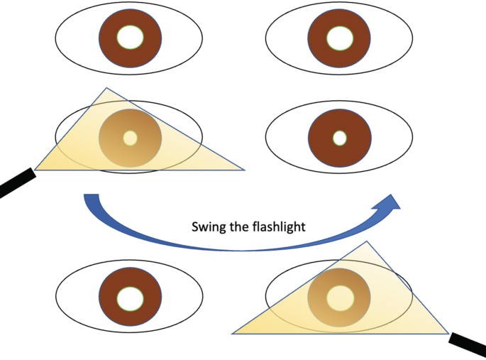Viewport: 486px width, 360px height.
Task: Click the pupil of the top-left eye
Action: click(130, 37)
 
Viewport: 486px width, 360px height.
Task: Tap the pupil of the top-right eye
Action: click(338, 38)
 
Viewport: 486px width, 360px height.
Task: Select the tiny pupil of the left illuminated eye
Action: click(130, 138)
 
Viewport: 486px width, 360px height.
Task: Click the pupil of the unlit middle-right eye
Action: click(339, 137)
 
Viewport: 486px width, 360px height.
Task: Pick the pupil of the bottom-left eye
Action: click(130, 298)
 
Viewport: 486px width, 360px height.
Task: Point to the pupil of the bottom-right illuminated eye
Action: click(338, 298)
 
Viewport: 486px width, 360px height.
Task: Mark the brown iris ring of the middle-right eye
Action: click(320, 137)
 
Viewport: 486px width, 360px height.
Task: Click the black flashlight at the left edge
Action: click(14, 182)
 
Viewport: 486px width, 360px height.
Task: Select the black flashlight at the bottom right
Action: click(469, 347)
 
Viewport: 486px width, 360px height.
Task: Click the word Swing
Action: click(209, 228)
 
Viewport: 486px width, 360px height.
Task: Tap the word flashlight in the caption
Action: click(280, 228)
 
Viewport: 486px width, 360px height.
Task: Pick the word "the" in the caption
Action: click(241, 228)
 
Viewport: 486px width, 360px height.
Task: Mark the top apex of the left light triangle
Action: click(106, 89)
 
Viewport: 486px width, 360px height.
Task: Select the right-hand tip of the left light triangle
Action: click(243, 170)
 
